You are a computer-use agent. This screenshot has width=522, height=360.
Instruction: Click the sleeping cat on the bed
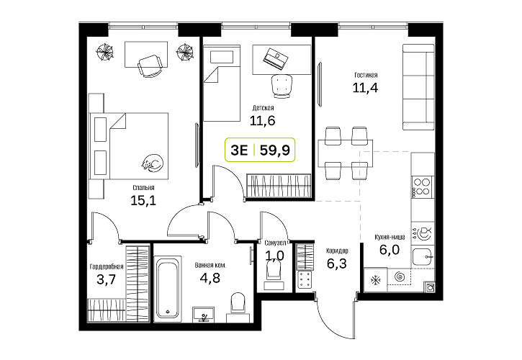(x=152, y=163)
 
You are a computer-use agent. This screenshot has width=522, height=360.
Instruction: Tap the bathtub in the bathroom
(x=168, y=289)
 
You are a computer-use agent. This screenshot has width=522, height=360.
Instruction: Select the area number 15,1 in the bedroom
(x=143, y=200)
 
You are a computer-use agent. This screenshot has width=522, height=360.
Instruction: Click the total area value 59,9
(x=275, y=150)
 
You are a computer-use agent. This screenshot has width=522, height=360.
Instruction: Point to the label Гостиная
(x=366, y=76)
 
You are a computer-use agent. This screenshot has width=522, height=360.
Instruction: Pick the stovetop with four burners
(x=421, y=186)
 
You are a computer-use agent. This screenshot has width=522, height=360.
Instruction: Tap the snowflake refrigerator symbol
(x=376, y=280)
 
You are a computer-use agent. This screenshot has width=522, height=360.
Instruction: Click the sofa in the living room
(x=418, y=87)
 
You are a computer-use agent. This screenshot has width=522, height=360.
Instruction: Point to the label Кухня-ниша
(x=390, y=238)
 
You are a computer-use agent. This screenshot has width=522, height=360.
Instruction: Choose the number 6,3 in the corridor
(x=336, y=264)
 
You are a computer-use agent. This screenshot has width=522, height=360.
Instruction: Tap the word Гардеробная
(x=107, y=266)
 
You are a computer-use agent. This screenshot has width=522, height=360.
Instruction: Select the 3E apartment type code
(x=239, y=150)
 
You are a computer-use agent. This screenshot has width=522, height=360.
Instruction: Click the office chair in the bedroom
(x=150, y=66)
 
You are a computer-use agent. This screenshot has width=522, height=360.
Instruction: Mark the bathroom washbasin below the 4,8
(x=204, y=314)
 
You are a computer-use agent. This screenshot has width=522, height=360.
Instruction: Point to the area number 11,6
(x=262, y=120)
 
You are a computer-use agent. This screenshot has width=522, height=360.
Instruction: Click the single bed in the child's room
(x=222, y=84)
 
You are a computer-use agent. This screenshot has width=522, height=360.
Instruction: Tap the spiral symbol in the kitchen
(x=399, y=276)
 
